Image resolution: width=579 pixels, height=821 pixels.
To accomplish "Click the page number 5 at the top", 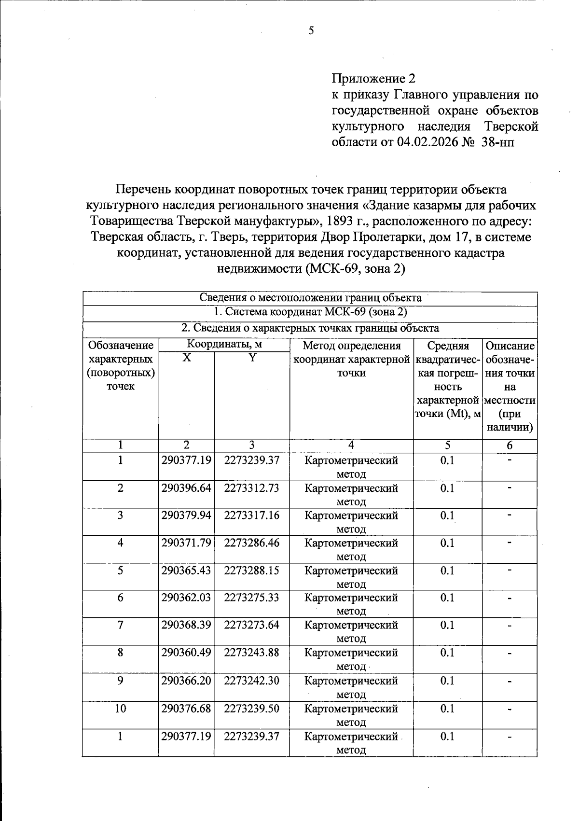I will point(311,31).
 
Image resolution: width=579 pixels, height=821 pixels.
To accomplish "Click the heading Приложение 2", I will point(373,78).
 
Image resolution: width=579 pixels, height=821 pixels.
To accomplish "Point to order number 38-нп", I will point(498,142).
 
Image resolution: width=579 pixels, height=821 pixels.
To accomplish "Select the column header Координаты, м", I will point(224,345).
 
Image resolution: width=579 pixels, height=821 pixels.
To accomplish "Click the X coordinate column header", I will point(186,358).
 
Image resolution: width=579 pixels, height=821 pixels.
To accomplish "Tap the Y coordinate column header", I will point(251,358).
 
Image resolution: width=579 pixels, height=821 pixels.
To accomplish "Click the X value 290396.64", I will point(186,488).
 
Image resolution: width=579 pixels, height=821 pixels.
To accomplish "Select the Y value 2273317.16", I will point(251,515).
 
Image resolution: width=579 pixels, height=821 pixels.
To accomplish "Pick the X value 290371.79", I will point(186,543).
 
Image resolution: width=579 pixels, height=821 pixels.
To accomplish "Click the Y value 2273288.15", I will point(251,571).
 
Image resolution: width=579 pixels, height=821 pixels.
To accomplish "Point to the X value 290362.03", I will point(186,598).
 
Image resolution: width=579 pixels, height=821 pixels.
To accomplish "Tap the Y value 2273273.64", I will point(251,625).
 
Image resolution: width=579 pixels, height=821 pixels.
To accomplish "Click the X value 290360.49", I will point(186,653).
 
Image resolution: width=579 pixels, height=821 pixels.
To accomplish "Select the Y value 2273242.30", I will point(251,681).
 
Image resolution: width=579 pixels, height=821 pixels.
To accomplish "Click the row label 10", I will point(120,709).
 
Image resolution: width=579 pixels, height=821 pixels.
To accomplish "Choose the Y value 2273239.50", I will point(251,709).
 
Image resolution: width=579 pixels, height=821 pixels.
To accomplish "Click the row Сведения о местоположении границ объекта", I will point(310,298).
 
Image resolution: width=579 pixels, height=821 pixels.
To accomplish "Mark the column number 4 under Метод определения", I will point(351,445).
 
